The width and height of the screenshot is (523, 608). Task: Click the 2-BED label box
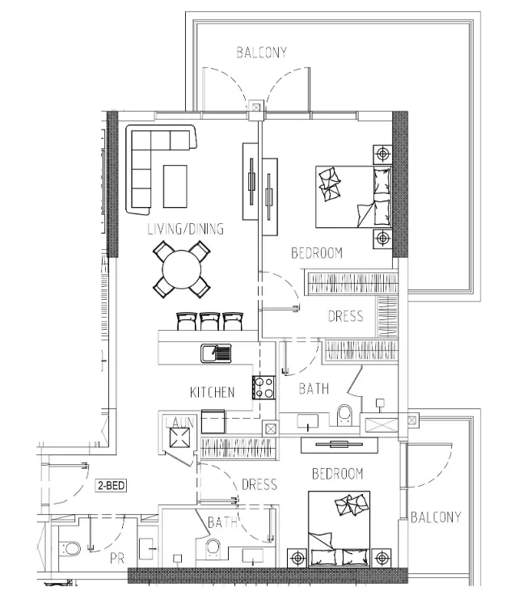tap(111, 485)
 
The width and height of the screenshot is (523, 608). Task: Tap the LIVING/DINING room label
tap(186, 229)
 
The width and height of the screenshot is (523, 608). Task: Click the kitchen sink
tap(216, 353)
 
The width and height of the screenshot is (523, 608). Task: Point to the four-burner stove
tap(264, 388)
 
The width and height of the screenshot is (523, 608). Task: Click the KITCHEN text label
tap(213, 392)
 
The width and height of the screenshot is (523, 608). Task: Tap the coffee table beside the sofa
tap(175, 187)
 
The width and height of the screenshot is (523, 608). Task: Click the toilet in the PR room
tap(70, 549)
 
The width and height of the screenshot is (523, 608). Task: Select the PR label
tap(117, 559)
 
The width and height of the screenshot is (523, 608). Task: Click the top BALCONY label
tap(262, 53)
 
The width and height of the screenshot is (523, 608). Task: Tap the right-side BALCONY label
tap(436, 517)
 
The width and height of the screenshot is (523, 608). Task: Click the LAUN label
tap(179, 422)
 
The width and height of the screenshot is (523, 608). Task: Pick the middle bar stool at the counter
tap(209, 322)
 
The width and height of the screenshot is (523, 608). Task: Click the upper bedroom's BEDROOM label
tap(317, 253)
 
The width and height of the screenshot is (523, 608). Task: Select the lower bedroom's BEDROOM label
tap(338, 474)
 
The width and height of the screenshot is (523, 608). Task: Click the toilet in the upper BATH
tap(344, 415)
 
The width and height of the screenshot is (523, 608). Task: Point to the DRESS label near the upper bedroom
tap(346, 316)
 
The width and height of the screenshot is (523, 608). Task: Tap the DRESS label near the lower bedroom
tap(259, 484)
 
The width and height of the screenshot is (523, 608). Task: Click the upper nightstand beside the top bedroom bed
tap(382, 154)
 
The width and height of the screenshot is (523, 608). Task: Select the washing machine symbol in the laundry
tap(180, 438)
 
